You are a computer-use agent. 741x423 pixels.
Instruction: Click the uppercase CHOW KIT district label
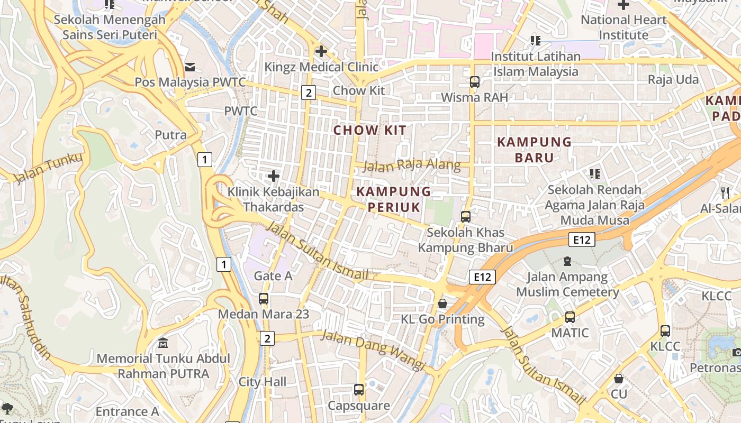(370, 130)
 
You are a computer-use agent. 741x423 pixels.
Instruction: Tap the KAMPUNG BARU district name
(535, 150)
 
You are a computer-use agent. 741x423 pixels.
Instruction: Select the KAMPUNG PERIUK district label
(394, 199)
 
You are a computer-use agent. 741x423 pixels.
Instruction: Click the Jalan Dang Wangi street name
(373, 350)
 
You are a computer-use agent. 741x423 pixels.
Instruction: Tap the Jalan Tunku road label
(48, 168)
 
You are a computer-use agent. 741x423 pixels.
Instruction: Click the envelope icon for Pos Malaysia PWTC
(190, 67)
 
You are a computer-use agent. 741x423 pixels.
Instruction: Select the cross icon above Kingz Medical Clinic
(321, 51)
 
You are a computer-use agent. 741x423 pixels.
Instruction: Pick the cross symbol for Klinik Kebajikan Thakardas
(274, 176)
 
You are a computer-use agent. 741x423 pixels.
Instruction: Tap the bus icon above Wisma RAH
(475, 82)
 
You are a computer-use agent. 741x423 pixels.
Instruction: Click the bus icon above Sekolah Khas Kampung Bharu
(466, 216)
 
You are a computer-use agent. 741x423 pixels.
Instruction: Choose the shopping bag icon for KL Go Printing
(442, 304)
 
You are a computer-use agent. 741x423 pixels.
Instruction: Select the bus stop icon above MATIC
(570, 317)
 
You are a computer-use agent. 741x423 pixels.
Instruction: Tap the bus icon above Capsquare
(359, 390)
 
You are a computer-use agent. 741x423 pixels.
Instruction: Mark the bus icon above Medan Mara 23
(264, 298)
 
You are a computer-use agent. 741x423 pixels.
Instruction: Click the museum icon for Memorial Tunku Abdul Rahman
(164, 343)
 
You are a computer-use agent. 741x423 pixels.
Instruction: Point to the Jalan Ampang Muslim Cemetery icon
(568, 261)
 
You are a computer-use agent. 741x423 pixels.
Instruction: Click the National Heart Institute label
(623, 27)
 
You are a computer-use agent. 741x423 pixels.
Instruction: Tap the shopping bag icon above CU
(619, 379)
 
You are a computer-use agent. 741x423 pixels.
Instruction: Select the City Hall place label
(263, 382)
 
